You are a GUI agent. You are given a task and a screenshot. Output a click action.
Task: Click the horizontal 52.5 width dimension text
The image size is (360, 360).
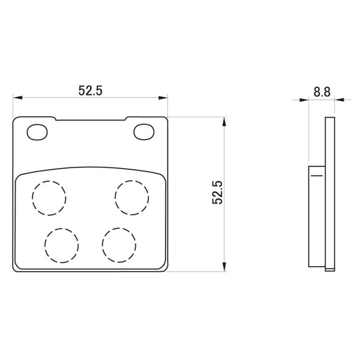[x=90, y=90]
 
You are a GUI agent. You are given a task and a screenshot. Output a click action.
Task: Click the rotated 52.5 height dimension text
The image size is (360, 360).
[x=218, y=192]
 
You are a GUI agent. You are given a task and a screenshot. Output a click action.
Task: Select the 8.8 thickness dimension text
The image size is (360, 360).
[x=322, y=92]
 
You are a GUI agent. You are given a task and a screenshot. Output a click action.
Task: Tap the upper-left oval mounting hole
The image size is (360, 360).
[x=37, y=132]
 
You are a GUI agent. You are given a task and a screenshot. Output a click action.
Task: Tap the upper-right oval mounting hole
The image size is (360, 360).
[x=144, y=132]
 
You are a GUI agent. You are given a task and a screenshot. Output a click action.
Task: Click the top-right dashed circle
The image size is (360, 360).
[x=132, y=180]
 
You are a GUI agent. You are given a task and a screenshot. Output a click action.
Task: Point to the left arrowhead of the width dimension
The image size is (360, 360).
[x=18, y=98]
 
